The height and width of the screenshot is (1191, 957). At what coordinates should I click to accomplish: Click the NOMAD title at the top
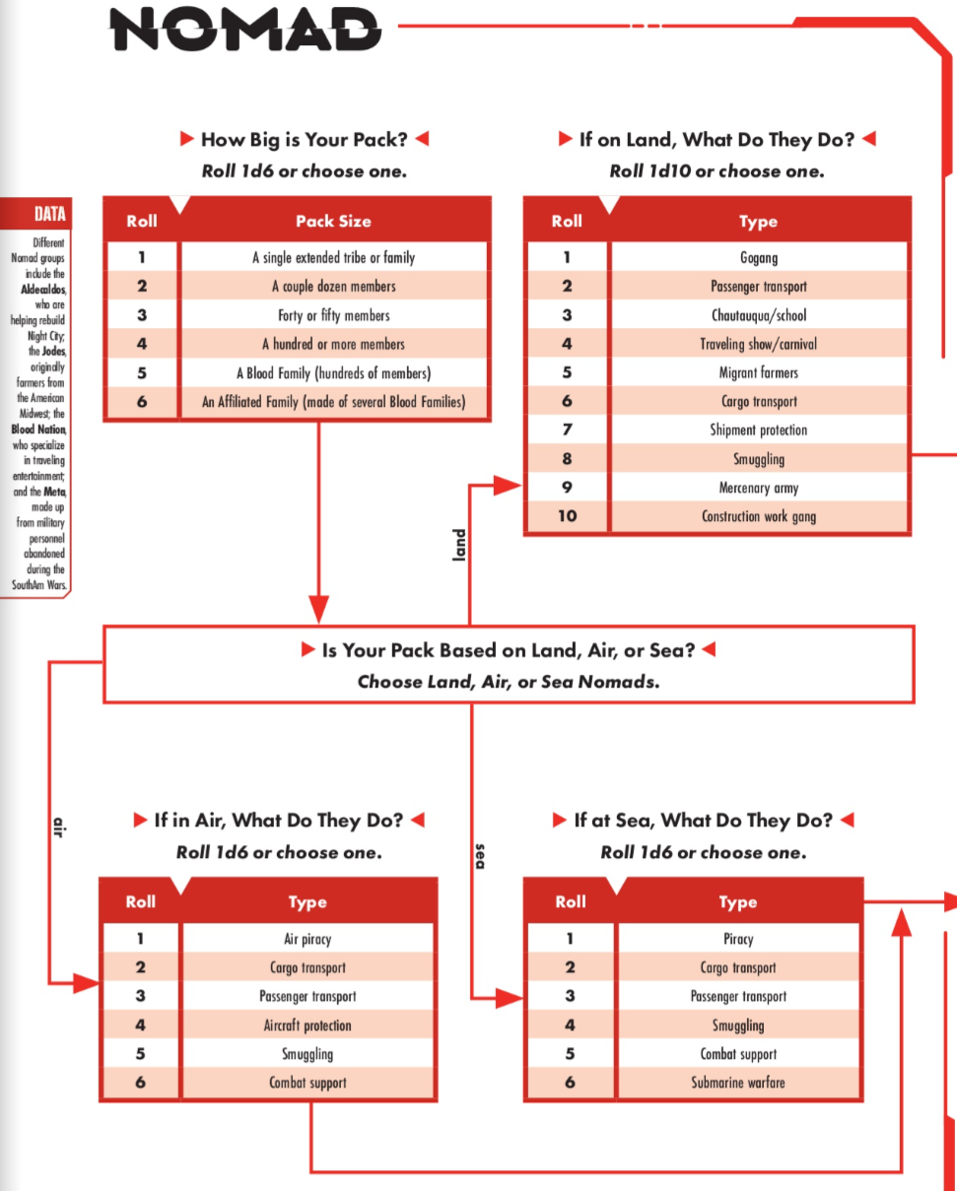(245, 30)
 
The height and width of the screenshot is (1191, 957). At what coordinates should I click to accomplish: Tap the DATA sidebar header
(50, 214)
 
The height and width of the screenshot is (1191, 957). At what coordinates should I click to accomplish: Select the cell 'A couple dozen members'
(333, 286)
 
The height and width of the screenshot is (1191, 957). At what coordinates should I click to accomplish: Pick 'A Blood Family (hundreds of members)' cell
(333, 373)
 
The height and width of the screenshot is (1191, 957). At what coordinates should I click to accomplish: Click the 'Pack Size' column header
(333, 222)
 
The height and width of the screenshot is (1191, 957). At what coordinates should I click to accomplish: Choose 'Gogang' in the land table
(759, 257)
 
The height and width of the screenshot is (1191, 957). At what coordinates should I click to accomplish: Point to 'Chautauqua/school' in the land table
(759, 315)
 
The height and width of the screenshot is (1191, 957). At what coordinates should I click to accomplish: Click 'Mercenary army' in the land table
(759, 488)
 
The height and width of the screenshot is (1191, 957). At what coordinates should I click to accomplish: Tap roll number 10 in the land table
(567, 516)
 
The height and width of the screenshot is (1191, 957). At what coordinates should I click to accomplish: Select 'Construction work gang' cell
(759, 516)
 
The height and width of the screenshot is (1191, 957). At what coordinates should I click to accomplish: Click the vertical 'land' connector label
(459, 545)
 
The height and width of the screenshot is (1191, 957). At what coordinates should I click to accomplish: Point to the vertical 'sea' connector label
(480, 856)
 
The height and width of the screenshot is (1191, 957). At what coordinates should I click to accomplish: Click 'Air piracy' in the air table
(308, 939)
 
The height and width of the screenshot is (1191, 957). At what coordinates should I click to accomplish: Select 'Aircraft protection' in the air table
(308, 1025)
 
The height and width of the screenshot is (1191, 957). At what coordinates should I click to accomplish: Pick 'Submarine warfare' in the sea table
(737, 1082)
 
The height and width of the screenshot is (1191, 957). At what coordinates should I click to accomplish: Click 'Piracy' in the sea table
(737, 939)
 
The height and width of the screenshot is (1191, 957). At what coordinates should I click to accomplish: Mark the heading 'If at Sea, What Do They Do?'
(704, 821)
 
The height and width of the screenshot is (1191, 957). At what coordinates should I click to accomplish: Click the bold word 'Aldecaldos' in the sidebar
(43, 289)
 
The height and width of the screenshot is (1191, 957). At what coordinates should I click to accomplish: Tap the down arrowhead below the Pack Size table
(318, 610)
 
